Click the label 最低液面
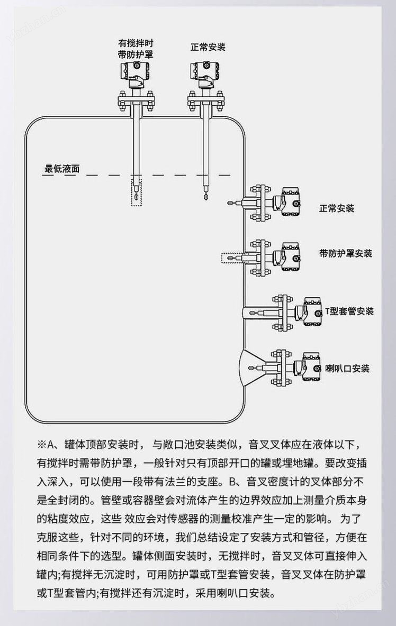pyautogui.click(x=62, y=169)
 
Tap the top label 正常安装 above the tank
pyautogui.click(x=208, y=47)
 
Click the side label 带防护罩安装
pyautogui.click(x=346, y=253)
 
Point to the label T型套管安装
pyautogui.click(x=349, y=311)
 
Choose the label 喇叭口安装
pyautogui.click(x=347, y=368)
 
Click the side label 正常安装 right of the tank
pyautogui.click(x=336, y=208)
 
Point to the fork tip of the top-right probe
pyautogui.click(x=206, y=198)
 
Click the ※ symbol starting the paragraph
pyautogui.click(x=42, y=444)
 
